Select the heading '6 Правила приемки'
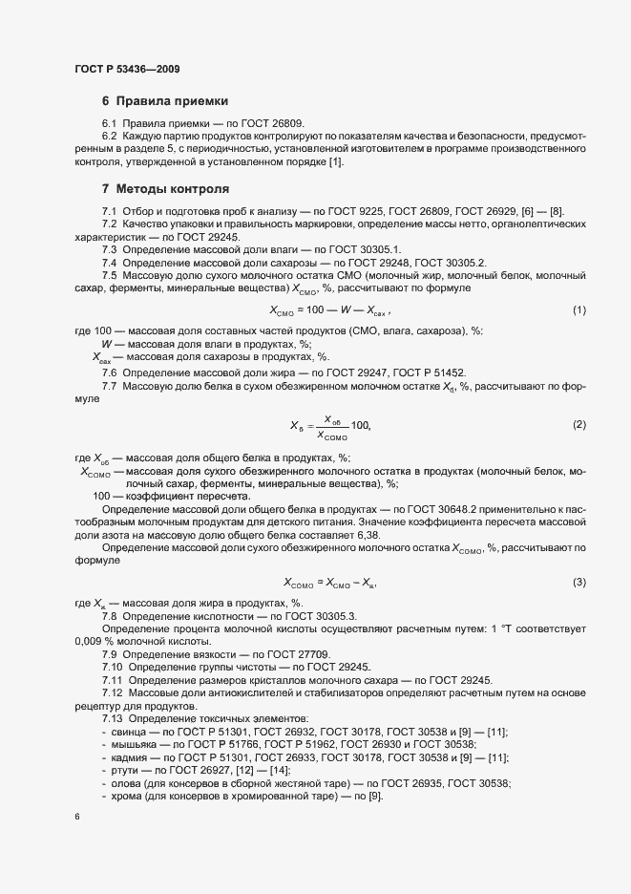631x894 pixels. click(164, 100)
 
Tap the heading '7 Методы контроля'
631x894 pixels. click(165, 189)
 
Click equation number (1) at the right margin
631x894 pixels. click(578, 310)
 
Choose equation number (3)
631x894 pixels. click(578, 582)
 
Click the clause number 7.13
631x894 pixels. click(113, 718)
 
